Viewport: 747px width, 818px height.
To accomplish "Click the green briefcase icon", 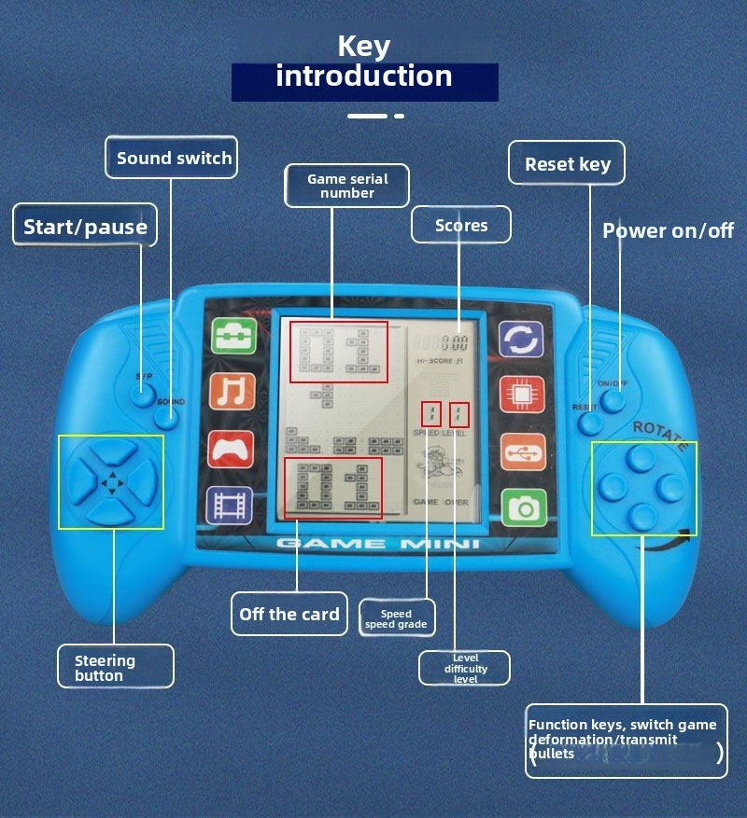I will point(233,336).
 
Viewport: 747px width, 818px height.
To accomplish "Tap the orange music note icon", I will point(233,392).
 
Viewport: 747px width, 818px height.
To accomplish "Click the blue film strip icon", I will point(230,505).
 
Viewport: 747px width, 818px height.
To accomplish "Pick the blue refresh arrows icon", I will point(520,340).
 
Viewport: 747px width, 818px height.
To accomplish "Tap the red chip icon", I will point(521,395).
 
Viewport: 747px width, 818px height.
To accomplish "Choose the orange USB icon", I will point(522,451).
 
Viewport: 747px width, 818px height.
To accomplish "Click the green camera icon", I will point(523,507).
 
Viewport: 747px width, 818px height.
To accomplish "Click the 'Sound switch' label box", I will point(173,158).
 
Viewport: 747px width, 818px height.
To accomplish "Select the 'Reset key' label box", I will point(567,164).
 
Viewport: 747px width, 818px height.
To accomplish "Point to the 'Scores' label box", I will point(461,225).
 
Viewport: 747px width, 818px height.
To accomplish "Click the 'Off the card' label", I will point(289,614).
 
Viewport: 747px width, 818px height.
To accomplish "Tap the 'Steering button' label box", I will point(116,667).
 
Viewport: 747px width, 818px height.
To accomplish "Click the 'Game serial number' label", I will point(347,186).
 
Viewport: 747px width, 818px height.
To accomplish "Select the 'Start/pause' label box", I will point(85,227).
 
